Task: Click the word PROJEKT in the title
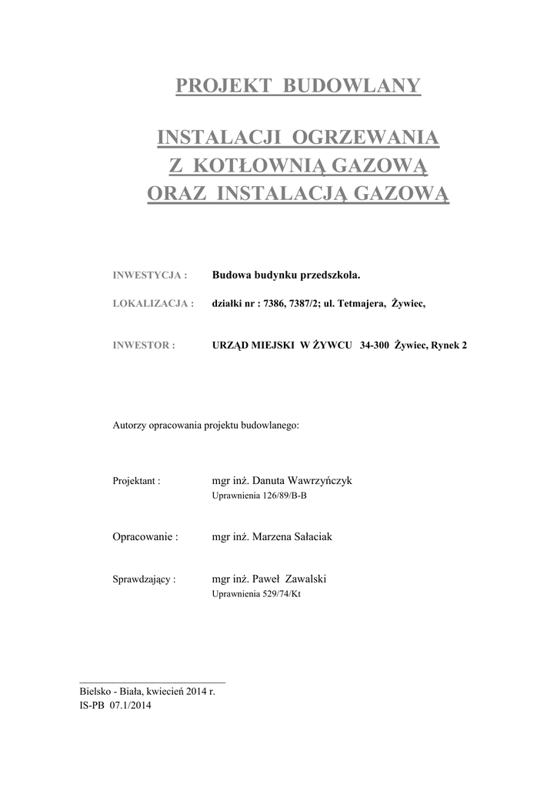tap(223, 85)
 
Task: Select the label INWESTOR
tap(141, 346)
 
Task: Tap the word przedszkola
tap(328, 275)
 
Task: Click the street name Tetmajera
tap(360, 304)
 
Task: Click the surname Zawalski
tap(311, 579)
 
